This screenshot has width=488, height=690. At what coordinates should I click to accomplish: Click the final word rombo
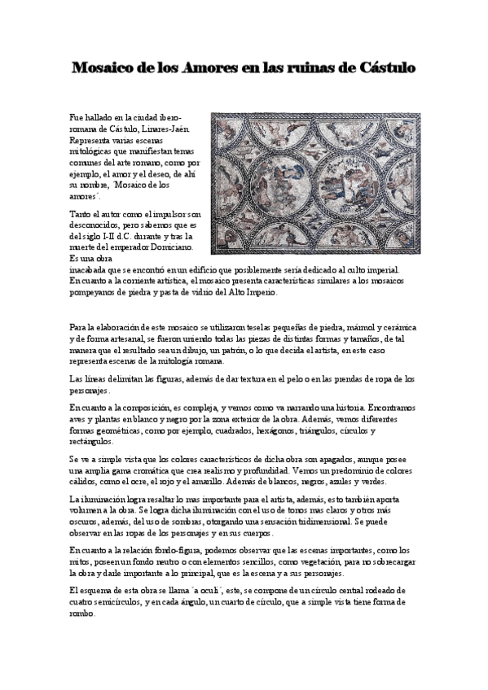[x=82, y=614]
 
